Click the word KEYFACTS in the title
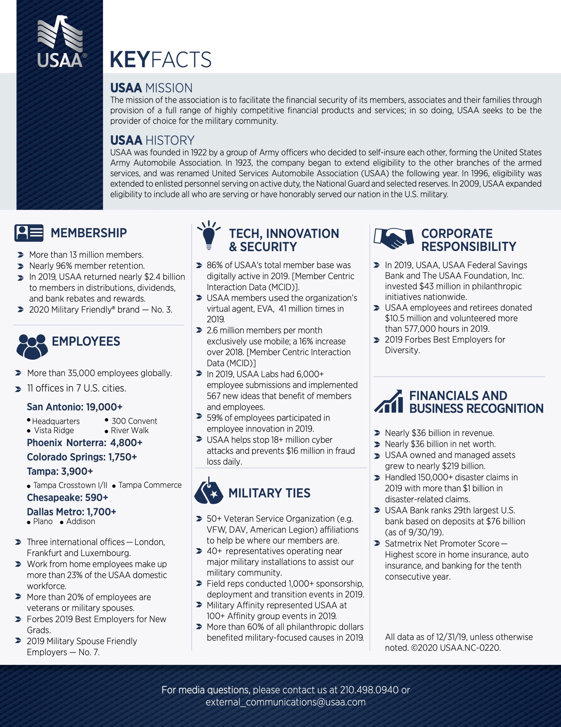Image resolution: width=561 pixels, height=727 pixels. [160, 60]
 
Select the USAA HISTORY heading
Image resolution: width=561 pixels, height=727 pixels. [152, 141]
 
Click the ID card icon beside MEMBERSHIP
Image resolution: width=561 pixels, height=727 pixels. [29, 233]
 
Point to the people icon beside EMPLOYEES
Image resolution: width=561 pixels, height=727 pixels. [32, 346]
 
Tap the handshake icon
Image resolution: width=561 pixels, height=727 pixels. [394, 238]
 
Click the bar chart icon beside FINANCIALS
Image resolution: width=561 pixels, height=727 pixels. [388, 402]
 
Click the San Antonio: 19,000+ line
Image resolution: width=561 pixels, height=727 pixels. [75, 407]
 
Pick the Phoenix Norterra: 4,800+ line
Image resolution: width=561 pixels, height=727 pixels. [85, 443]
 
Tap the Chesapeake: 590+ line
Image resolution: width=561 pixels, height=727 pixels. [68, 497]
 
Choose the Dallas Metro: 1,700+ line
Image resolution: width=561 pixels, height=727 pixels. [71, 512]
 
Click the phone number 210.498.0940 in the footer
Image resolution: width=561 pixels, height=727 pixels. [369, 690]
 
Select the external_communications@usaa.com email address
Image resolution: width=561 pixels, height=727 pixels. [285, 702]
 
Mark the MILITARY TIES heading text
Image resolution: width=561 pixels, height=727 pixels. [269, 493]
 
